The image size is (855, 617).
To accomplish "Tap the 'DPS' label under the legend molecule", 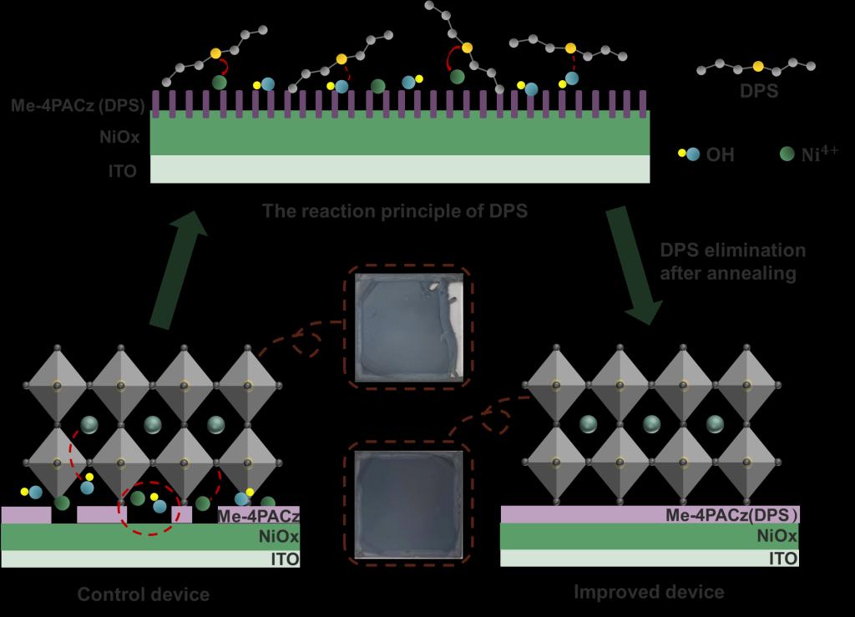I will point(758,91).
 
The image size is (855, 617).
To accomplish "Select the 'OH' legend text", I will point(721,154).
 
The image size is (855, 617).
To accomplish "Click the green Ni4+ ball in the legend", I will point(786,154).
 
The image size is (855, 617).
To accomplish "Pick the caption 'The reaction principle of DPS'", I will point(395,210).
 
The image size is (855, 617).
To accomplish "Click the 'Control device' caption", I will point(144,595).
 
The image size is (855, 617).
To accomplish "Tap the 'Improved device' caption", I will point(649,592).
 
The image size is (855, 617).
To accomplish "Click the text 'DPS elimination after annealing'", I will point(733,261).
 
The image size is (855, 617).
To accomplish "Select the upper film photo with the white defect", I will point(407,328).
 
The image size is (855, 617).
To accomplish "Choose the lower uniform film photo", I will point(407,504).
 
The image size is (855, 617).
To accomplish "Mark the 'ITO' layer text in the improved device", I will point(782,559).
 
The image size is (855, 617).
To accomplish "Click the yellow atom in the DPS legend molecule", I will point(757,66).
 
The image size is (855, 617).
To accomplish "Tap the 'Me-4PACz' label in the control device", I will point(259,516).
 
